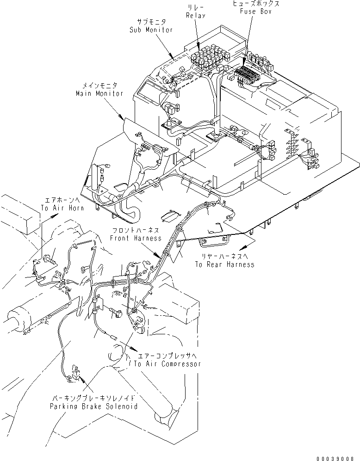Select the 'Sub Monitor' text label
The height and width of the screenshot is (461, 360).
coord(151,30)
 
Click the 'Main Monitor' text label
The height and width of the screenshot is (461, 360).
coord(99,93)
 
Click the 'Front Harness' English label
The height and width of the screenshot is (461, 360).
coord(136,238)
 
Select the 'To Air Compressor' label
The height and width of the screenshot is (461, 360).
coord(168,364)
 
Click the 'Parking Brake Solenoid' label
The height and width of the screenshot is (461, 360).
coord(94,406)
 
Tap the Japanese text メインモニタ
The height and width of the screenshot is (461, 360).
coord(100,86)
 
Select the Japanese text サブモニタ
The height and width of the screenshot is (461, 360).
coord(151,23)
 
